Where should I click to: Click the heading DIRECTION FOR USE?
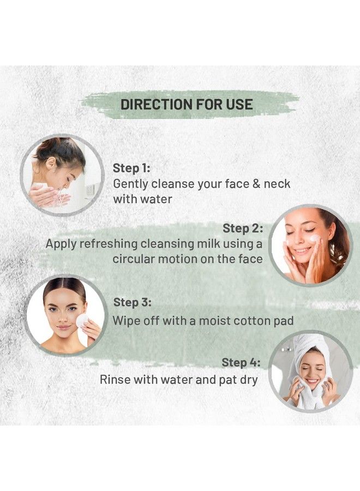coord(187,104)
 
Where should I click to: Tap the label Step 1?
coord(131,168)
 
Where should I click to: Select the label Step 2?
coord(243,228)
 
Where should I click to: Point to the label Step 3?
coord(132,302)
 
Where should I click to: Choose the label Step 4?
coord(241,362)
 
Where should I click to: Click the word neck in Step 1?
coord(277,184)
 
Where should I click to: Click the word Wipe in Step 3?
coord(125,320)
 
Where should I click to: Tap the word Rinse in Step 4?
coord(116,380)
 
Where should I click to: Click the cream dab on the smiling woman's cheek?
coord(315,238)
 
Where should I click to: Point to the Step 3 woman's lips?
coord(65,327)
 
